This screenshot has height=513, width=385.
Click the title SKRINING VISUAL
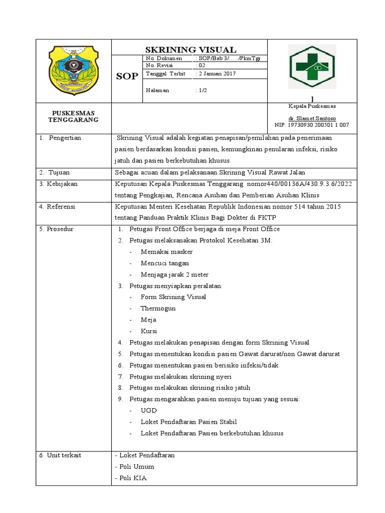pyautogui.click(x=190, y=50)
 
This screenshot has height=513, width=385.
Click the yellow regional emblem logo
pyautogui.click(x=73, y=71)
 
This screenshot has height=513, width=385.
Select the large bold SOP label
pyautogui.click(x=126, y=77)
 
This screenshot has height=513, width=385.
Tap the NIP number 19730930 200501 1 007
pyautogui.click(x=312, y=125)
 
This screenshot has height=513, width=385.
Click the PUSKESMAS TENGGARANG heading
pyautogui.click(x=73, y=116)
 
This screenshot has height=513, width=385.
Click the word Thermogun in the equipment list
pyautogui.click(x=158, y=309)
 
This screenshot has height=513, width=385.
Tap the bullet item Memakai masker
pyautogui.click(x=163, y=252)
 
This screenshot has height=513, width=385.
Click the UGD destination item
pyautogui.click(x=149, y=410)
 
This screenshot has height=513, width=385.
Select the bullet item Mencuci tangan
pyautogui.click(x=165, y=263)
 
